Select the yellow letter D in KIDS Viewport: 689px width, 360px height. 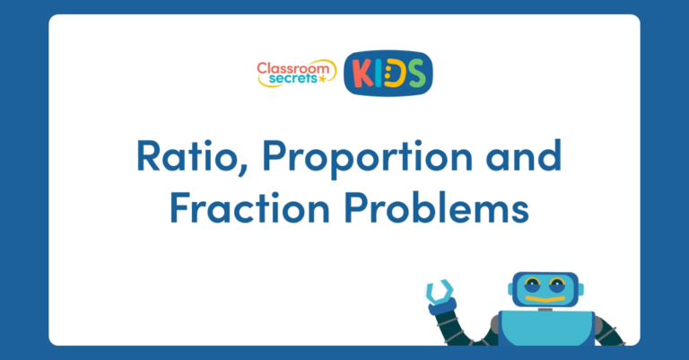(x=396, y=74)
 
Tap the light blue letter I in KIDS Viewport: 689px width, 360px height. (x=380, y=74)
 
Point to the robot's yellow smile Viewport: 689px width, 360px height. (x=545, y=296)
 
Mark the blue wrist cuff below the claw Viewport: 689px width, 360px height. (x=440, y=309)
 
